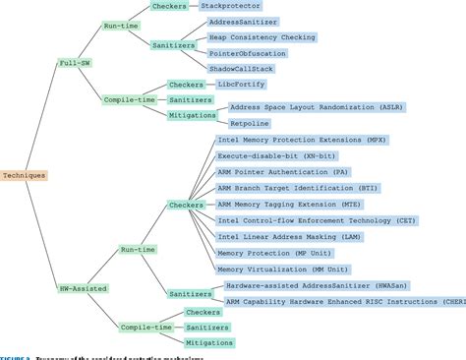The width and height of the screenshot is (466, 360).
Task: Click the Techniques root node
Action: coord(23,175)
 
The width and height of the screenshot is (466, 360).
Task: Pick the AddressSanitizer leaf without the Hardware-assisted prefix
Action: coord(243,22)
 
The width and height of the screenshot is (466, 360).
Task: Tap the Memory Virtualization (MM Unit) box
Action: coord(281,268)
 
